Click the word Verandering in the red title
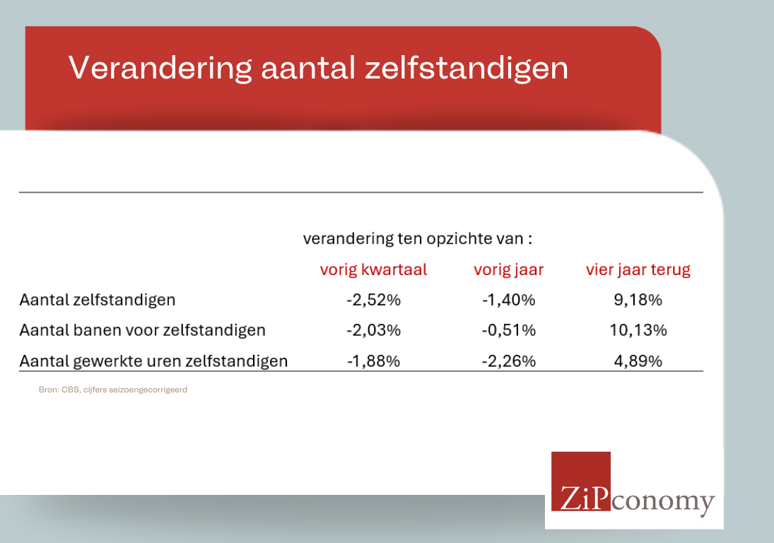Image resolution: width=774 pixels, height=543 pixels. pyautogui.click(x=160, y=68)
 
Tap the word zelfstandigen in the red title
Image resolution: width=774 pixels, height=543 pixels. pyautogui.click(x=467, y=67)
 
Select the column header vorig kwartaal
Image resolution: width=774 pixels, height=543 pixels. pyautogui.click(x=373, y=270)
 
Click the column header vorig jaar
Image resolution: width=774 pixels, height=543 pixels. pyautogui.click(x=508, y=270)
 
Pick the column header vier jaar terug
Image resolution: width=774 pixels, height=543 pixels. pyautogui.click(x=638, y=270)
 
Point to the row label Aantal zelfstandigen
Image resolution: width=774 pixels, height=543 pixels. pyautogui.click(x=98, y=300)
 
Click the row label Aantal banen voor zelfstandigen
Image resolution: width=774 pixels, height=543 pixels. pyautogui.click(x=142, y=330)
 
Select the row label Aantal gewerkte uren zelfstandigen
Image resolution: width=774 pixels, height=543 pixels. pyautogui.click(x=153, y=361)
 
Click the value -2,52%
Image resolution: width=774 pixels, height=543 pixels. pyautogui.click(x=373, y=300)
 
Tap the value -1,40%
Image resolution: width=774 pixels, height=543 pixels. pyautogui.click(x=508, y=300)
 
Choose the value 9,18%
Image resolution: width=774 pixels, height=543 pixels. pyautogui.click(x=638, y=300)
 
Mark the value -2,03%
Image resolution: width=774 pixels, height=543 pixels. pyautogui.click(x=373, y=330)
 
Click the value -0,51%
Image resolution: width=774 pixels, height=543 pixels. pyautogui.click(x=508, y=330)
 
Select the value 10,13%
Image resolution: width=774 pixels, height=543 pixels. pyautogui.click(x=638, y=330)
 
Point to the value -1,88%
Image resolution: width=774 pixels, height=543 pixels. pyautogui.click(x=373, y=361)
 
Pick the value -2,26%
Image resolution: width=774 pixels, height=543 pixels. pyautogui.click(x=508, y=361)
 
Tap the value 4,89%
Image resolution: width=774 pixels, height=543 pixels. pyautogui.click(x=638, y=361)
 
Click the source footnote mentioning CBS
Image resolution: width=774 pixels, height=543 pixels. pyautogui.click(x=113, y=390)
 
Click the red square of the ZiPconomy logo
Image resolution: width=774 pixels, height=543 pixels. pyautogui.click(x=580, y=481)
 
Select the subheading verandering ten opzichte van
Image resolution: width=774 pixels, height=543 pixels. pyautogui.click(x=418, y=239)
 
